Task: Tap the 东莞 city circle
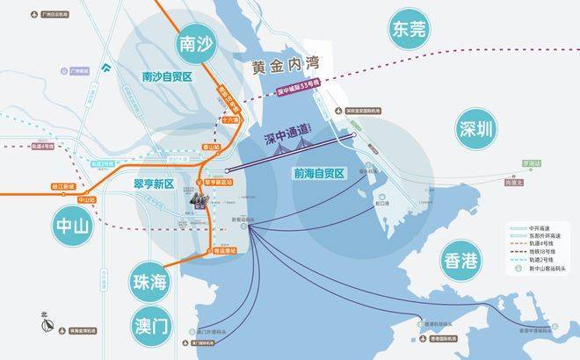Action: click(x=412, y=30)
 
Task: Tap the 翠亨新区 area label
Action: click(x=156, y=184)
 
